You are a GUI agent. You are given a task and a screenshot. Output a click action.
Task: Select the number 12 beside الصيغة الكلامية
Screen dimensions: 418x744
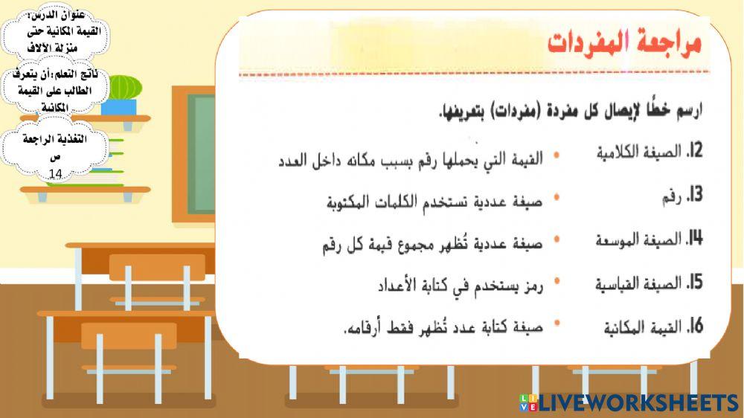(x=695, y=152)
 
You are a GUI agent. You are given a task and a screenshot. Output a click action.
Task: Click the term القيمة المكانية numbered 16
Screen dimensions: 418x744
(x=643, y=327)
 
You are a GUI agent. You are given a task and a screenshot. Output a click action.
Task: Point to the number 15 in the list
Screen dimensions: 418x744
(x=695, y=283)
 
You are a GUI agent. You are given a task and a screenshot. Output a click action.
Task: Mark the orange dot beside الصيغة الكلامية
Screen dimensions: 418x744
(x=557, y=156)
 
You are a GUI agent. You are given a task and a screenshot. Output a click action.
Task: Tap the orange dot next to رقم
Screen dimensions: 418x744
(x=557, y=199)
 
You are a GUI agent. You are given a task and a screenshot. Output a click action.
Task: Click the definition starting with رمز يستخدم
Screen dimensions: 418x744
(x=458, y=285)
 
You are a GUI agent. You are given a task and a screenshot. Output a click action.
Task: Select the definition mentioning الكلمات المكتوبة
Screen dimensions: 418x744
(x=435, y=201)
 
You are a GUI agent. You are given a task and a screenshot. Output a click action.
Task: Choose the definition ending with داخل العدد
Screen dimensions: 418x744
(x=411, y=158)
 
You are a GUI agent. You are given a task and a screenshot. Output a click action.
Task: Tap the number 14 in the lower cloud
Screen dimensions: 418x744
(x=56, y=174)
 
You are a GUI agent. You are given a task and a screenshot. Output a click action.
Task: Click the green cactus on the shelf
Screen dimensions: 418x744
(x=124, y=87)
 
